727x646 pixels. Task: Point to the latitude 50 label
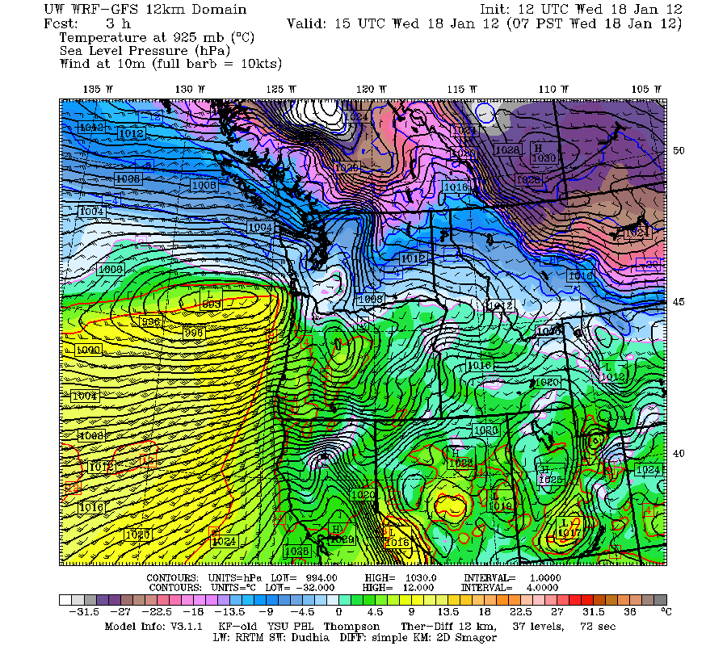click(679, 151)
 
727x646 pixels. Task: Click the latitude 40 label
click(679, 453)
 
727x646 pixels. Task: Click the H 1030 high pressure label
click(544, 154)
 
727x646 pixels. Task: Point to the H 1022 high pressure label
click(460, 459)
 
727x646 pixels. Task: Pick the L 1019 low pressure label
click(502, 502)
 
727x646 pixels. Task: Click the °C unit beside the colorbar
click(666, 612)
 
